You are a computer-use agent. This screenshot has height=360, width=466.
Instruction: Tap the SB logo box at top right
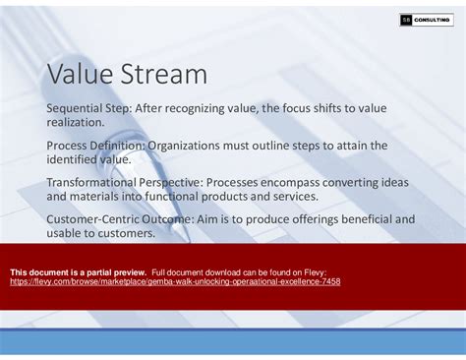click(x=406, y=20)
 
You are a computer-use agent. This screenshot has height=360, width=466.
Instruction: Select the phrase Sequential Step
click(x=89, y=107)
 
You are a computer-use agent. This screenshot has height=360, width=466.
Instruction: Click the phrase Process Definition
click(x=95, y=145)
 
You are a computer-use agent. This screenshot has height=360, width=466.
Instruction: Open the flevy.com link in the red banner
click(x=175, y=281)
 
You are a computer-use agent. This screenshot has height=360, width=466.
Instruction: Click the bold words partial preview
click(x=114, y=271)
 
